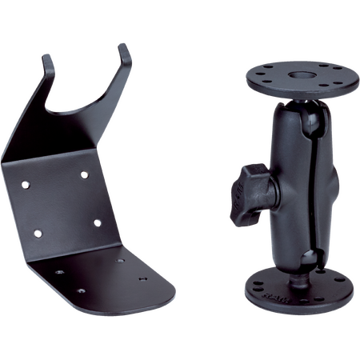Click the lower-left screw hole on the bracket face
point(37,234)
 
